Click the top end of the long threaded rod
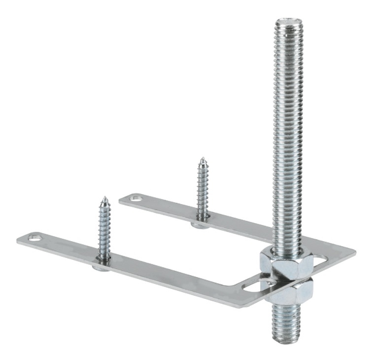(289, 22)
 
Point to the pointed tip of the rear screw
(202, 159)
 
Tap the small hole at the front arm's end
(35, 239)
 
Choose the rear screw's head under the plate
(200, 225)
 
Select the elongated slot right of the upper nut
(319, 258)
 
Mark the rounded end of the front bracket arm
(22, 240)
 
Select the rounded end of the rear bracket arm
(123, 200)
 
